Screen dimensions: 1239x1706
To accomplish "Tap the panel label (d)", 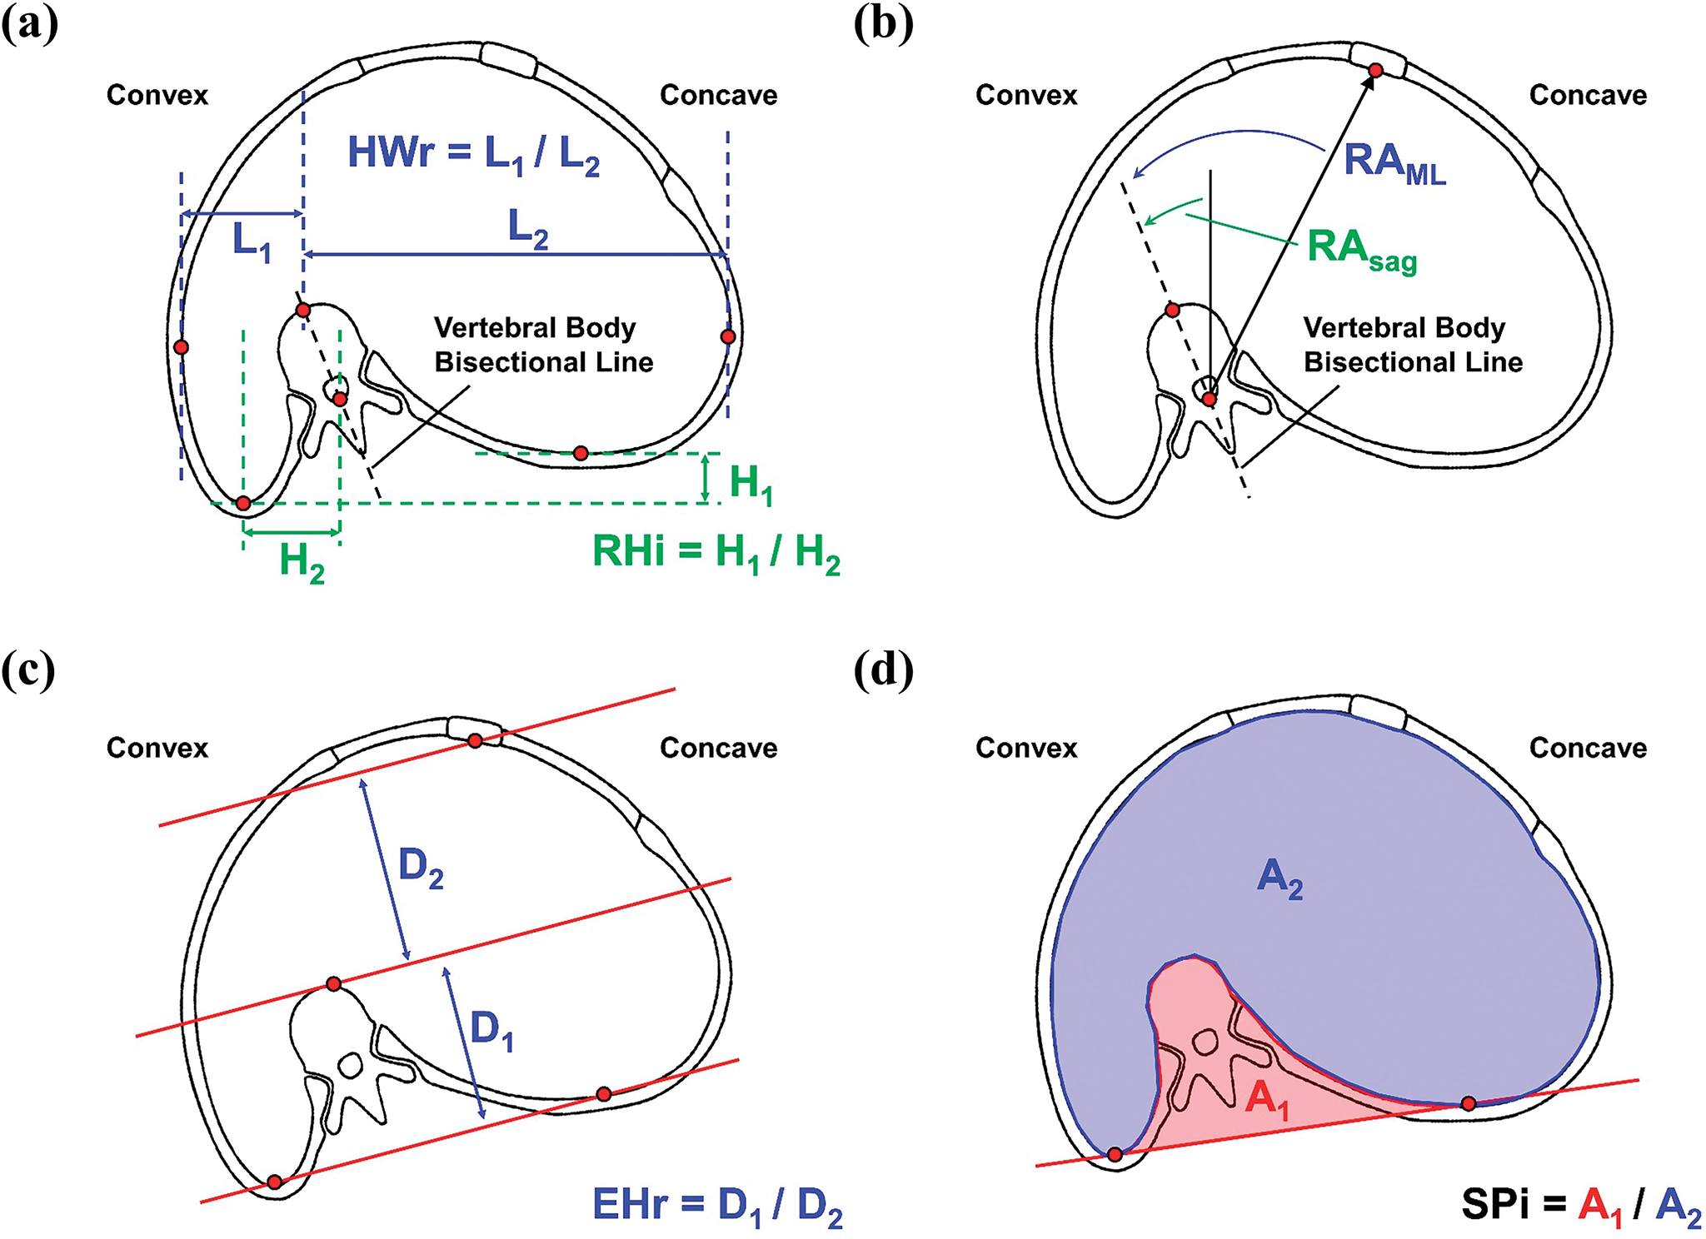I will pos(884,671).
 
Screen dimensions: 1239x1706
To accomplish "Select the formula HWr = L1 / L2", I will pos(473,155).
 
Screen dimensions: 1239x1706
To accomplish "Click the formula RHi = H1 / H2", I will pos(716,554).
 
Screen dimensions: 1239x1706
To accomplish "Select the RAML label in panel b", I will pos(1394,162).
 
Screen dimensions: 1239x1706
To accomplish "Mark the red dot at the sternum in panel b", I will pos(1376,71).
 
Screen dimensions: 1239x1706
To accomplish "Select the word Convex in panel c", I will pos(157,748).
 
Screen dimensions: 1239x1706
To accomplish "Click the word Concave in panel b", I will pos(1588,95).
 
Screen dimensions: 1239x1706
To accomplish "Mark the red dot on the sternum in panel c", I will pos(474,740).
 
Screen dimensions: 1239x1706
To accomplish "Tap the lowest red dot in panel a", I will pos(242,503).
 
